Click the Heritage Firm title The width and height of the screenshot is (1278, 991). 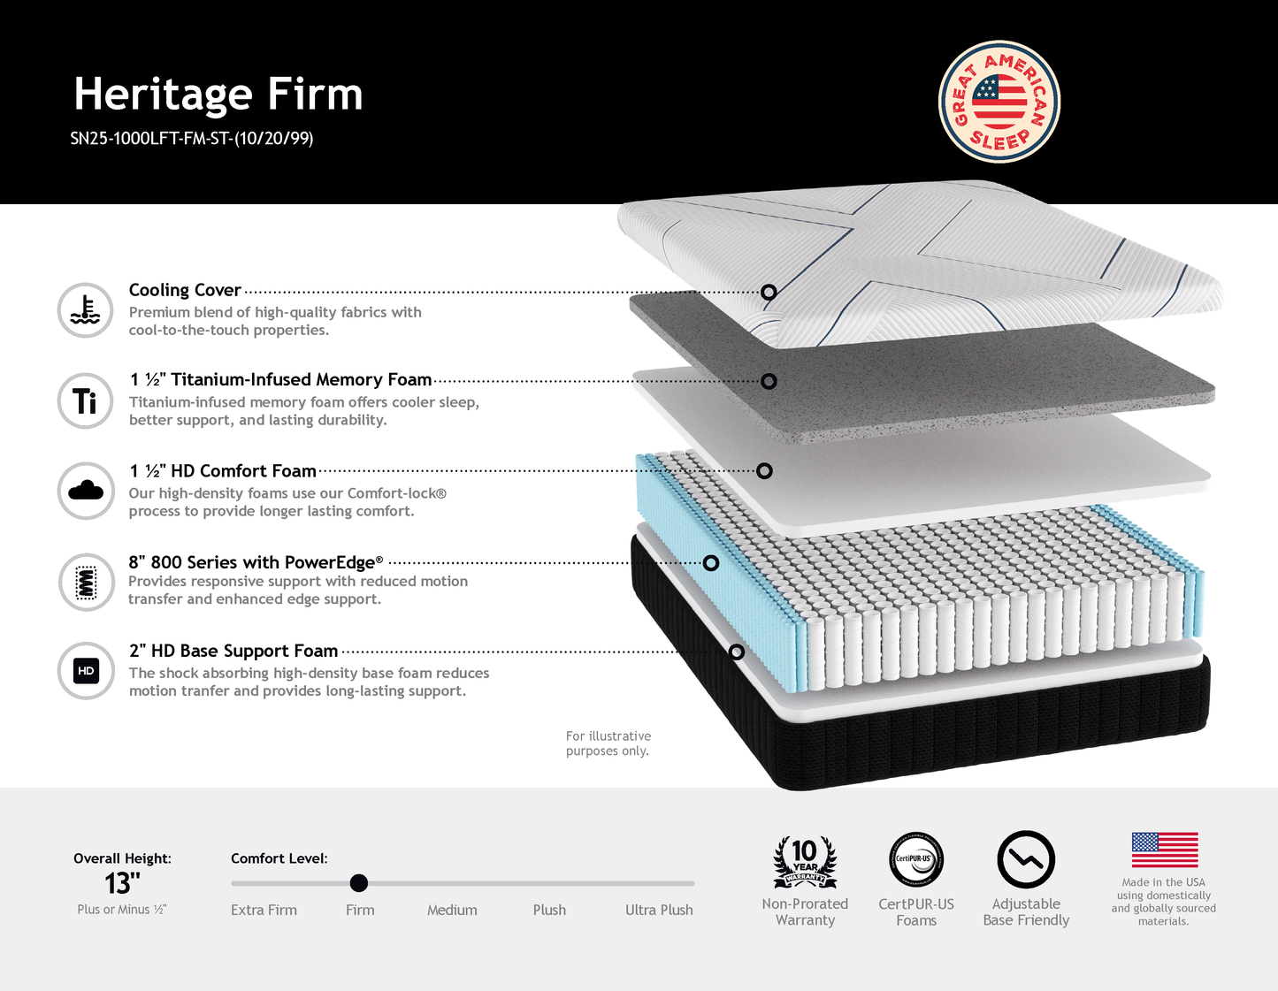pos(218,95)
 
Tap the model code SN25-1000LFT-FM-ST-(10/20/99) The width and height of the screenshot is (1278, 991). pos(192,138)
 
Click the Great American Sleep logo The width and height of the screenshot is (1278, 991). pos(999,102)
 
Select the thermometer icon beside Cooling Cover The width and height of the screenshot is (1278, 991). pos(85,310)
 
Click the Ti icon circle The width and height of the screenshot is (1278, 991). pos(85,401)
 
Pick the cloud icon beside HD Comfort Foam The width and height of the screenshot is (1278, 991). pos(85,491)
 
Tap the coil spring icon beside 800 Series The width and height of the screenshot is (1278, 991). pos(86,583)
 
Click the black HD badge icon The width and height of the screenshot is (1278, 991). pos(86,671)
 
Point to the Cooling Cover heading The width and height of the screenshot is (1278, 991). pos(185,290)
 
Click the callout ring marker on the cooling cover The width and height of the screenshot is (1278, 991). pos(769,292)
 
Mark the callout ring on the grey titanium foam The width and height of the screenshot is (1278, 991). pos(769,381)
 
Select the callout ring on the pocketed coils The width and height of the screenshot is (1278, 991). pos(710,563)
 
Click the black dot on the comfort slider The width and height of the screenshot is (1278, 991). pos(358,883)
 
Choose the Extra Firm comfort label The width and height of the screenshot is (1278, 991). pos(264,910)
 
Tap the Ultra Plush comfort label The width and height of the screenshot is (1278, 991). pos(659,910)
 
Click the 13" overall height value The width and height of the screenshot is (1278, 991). pos(122,883)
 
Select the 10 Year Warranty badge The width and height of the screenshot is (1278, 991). pos(805,862)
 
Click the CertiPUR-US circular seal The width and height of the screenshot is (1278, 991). pos(916,859)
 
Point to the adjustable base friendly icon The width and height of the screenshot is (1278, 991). pos(1026,859)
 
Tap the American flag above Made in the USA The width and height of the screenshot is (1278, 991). pos(1165,850)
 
